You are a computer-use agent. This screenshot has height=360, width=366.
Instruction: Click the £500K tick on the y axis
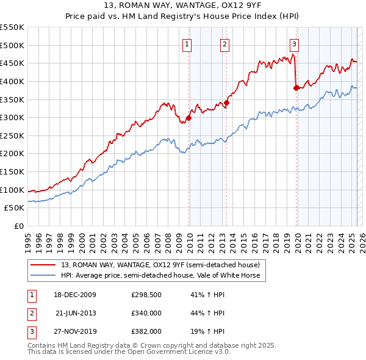click(12, 45)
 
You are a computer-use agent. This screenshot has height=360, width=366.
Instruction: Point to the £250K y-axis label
click(12, 135)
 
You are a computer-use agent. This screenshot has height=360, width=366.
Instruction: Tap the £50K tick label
click(15, 208)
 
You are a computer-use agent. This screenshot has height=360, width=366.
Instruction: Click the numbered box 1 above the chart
click(186, 43)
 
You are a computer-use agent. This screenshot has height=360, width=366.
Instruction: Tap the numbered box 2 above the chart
click(224, 43)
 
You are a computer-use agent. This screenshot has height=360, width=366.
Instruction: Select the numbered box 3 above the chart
click(294, 43)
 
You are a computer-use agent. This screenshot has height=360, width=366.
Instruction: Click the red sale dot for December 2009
click(188, 118)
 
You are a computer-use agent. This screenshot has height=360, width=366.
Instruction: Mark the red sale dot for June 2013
click(226, 103)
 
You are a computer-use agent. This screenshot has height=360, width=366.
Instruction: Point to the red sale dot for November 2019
click(296, 88)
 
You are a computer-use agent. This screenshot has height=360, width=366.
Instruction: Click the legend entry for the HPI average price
click(160, 275)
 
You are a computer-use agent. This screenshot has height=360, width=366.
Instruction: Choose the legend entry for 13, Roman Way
click(160, 265)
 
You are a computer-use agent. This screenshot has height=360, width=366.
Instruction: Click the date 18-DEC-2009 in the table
click(75, 295)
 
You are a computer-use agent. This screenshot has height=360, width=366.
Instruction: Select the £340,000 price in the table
click(146, 313)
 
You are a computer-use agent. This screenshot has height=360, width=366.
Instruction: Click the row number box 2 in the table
click(31, 313)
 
